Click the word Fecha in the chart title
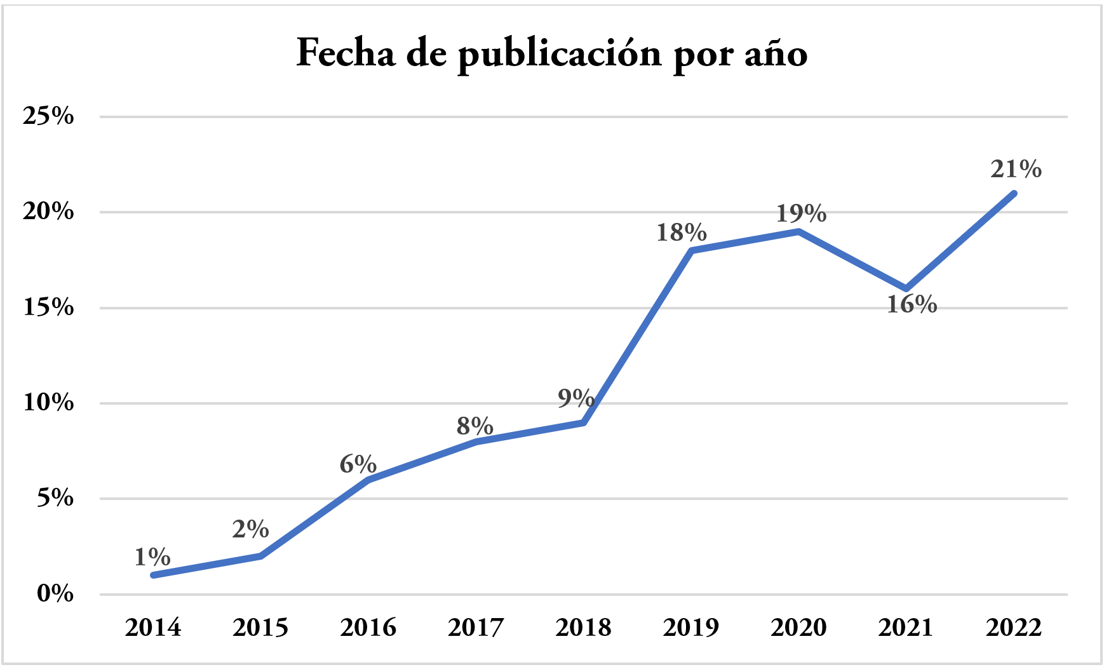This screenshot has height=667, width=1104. click(346, 53)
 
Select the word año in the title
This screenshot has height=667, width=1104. click(776, 55)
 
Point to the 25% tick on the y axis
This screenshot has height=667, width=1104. click(48, 116)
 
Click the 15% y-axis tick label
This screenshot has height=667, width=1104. click(48, 307)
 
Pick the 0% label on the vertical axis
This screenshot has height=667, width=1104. click(55, 594)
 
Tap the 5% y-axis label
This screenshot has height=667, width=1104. click(55, 499)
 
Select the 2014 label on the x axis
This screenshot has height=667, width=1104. click(153, 628)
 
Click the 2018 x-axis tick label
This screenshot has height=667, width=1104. click(583, 628)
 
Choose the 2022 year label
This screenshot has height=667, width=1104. click(1014, 628)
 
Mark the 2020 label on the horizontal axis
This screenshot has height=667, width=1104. click(798, 628)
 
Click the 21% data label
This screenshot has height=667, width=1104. click(1016, 169)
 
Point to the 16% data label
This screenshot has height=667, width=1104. click(912, 305)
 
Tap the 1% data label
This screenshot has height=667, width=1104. click(152, 557)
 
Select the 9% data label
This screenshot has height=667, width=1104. click(576, 398)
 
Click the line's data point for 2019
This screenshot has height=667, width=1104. click(692, 250)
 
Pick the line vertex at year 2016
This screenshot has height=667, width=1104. click(368, 480)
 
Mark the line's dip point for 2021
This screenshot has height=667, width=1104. click(906, 289)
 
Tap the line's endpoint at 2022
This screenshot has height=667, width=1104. click(1014, 193)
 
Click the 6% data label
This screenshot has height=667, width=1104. click(358, 464)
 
